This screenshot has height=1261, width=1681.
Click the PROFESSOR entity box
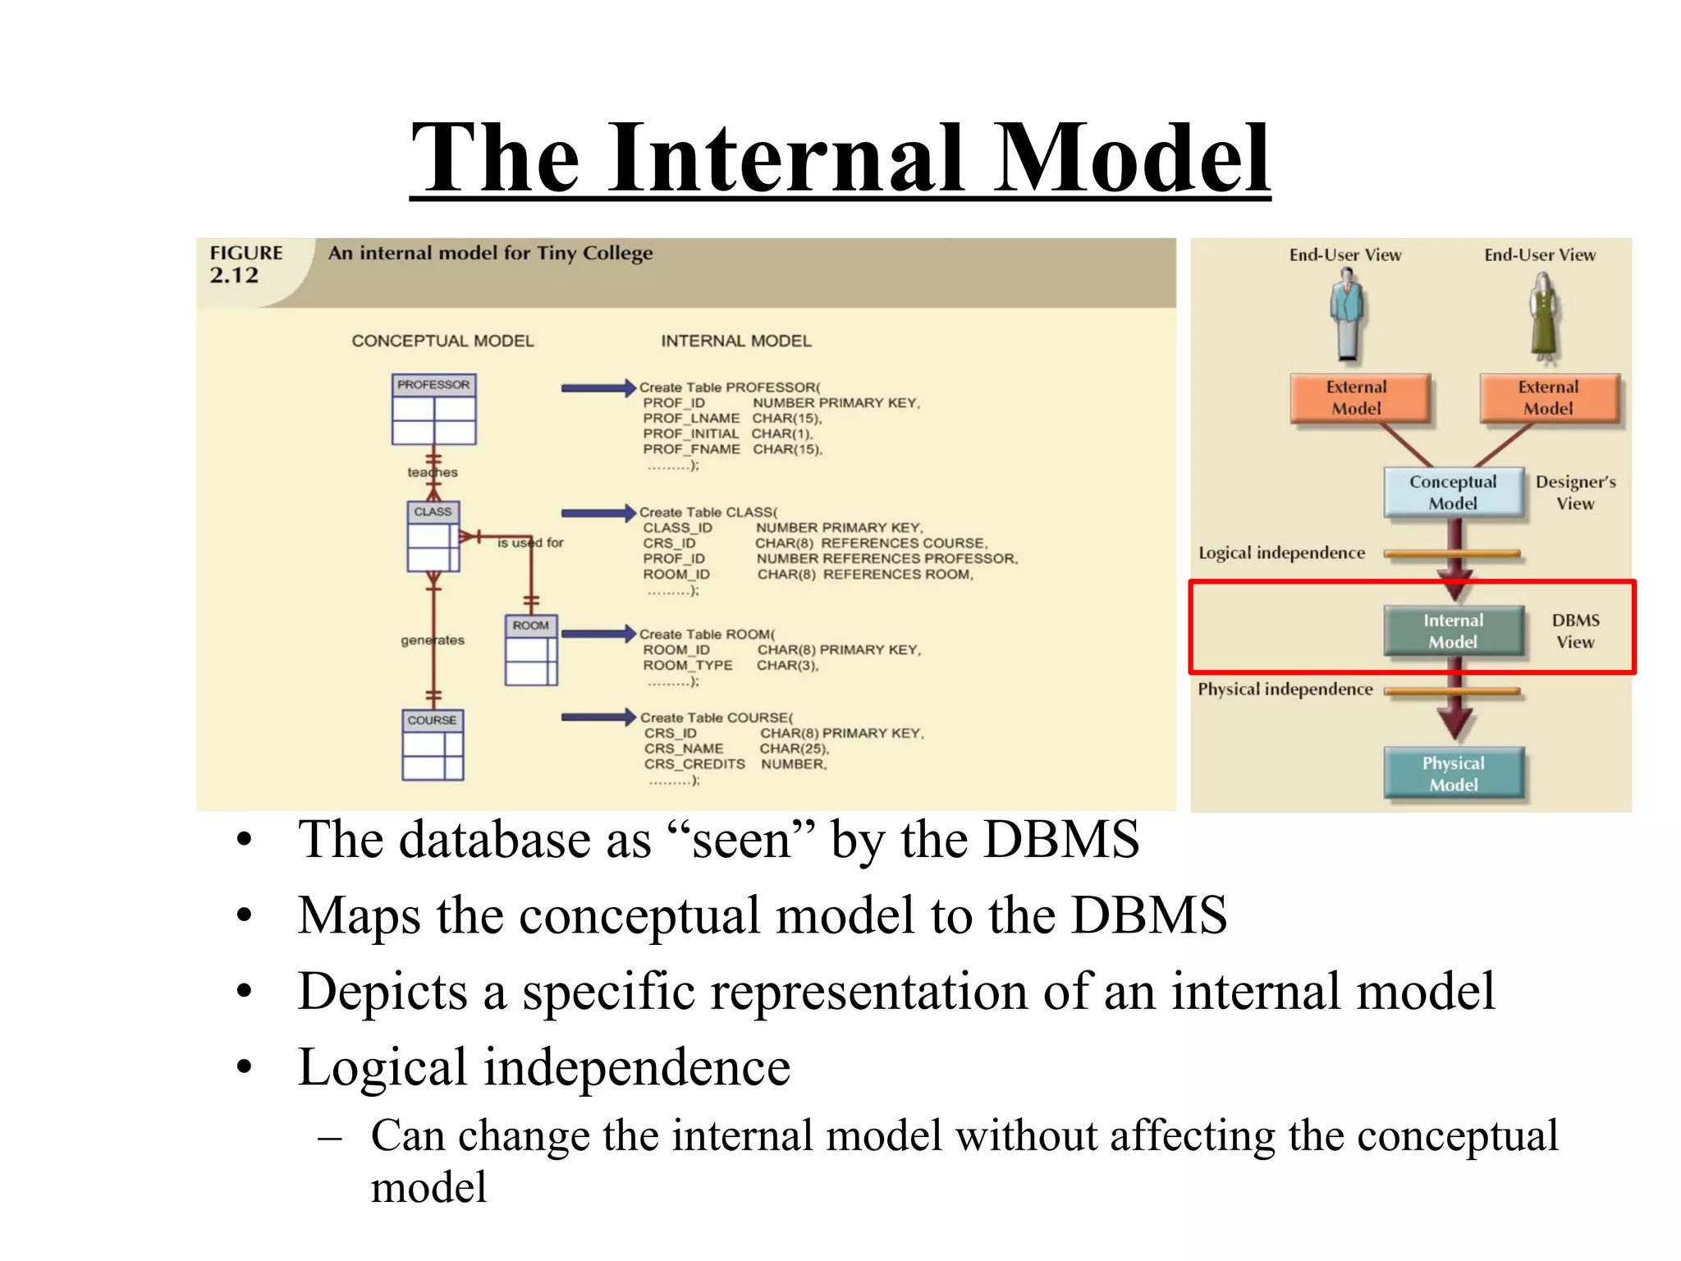click(x=433, y=409)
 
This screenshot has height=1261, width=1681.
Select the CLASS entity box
click(x=433, y=536)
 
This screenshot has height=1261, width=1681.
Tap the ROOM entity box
click(x=531, y=649)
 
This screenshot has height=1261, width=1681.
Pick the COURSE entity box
click(x=433, y=745)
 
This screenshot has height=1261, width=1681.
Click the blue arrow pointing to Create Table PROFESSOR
click(x=598, y=388)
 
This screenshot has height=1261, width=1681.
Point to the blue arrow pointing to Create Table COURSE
click(x=598, y=718)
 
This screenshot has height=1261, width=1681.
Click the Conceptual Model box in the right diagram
click(x=1453, y=493)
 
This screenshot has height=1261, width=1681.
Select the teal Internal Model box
click(x=1453, y=630)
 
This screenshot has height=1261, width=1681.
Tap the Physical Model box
click(x=1453, y=773)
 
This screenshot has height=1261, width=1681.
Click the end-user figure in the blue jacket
click(x=1347, y=316)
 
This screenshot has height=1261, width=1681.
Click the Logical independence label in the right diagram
click(x=1281, y=553)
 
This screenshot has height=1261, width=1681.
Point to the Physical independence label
click(x=1285, y=690)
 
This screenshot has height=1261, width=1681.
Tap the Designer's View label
click(x=1575, y=493)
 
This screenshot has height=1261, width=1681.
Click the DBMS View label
click(x=1575, y=630)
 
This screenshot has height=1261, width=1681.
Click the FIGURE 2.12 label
click(x=245, y=264)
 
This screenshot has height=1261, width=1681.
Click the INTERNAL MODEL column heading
click(x=735, y=341)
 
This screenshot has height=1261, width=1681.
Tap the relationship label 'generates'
click(x=433, y=640)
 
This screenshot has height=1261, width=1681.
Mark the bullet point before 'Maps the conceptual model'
click(x=244, y=915)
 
